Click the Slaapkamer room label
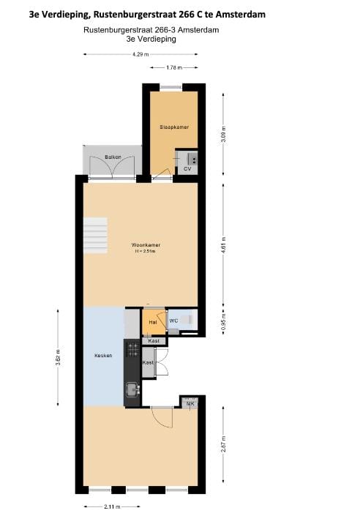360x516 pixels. pos(174,127)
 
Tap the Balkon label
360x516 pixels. pos(112,157)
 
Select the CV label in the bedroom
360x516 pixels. pos(187,169)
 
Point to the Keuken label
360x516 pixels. pos(103,356)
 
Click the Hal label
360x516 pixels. pos(153,322)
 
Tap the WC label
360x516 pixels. pos(173,321)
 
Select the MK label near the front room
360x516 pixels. pos(190,403)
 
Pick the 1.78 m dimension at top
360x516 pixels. pos(173,68)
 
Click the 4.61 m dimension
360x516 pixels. pos(223,242)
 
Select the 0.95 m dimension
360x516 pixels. pos(223,322)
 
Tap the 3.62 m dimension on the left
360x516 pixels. pos(58,358)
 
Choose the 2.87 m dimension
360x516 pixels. pos(223,444)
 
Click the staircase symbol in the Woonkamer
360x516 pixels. pos(95,232)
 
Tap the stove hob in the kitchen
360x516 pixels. pos(133,350)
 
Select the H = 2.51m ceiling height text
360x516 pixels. pos(145,251)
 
